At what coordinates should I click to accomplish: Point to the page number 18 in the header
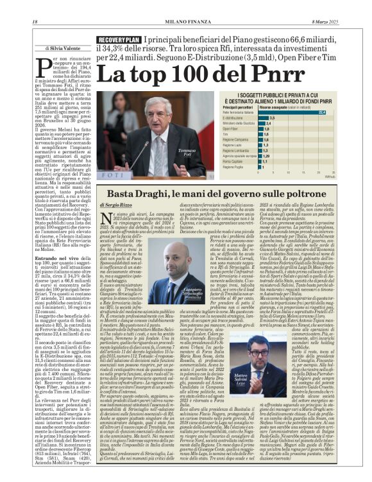point(35,23)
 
